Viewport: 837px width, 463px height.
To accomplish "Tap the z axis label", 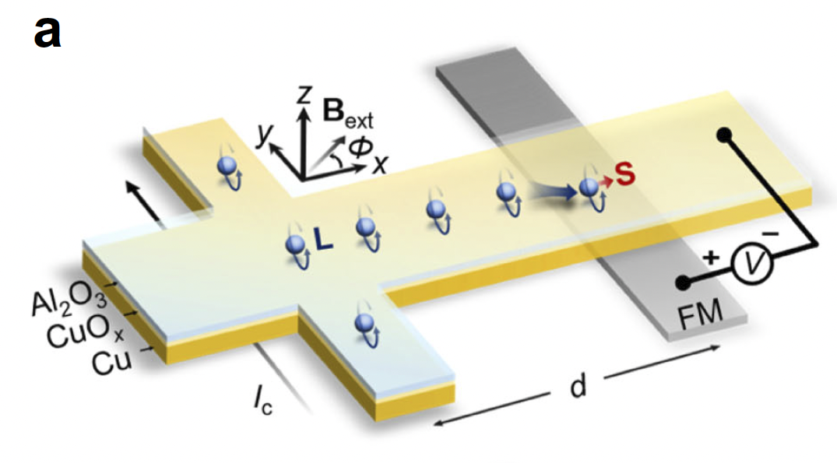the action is [306, 95].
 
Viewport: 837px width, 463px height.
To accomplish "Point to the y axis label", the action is [269, 134].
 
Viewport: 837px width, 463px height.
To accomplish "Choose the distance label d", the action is [577, 387].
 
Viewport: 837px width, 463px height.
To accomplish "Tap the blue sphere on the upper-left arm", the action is [226, 165].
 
